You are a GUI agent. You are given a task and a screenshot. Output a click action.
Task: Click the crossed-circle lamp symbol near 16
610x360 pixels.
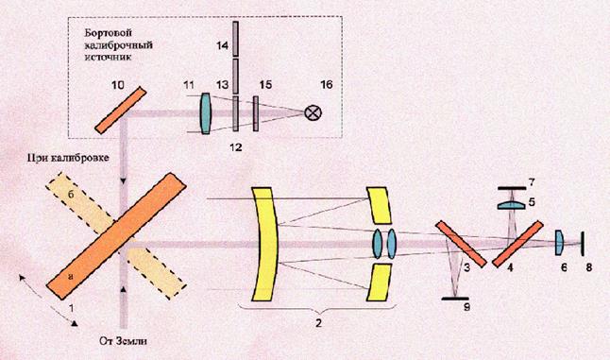click(x=313, y=113)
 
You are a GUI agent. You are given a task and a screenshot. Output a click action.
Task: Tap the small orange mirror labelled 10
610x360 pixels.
click(x=121, y=111)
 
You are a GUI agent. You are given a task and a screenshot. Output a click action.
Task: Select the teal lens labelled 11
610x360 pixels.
click(x=206, y=113)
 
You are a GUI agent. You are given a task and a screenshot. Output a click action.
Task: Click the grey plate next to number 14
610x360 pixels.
click(x=235, y=39)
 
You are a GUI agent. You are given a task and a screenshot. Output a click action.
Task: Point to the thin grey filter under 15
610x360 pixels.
click(x=256, y=113)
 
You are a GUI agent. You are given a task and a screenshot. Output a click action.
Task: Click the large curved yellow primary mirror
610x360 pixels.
click(x=265, y=244)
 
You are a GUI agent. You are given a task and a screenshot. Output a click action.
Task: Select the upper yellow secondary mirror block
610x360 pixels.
click(x=379, y=205)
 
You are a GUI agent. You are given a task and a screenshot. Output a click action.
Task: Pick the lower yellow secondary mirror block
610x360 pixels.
click(x=379, y=283)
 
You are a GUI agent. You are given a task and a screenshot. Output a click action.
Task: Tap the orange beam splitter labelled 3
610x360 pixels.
click(x=461, y=244)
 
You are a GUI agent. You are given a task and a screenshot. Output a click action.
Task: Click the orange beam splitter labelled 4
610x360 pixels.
click(x=517, y=244)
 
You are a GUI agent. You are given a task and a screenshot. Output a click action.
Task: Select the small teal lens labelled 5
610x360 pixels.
click(x=511, y=205)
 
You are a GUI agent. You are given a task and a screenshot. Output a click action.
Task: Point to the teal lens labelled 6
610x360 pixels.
click(x=559, y=243)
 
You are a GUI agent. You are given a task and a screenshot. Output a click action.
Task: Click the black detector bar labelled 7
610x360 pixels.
click(x=512, y=188)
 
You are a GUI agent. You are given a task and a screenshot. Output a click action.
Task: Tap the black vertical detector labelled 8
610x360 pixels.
click(x=583, y=244)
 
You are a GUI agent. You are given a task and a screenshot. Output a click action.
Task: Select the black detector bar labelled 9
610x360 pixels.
click(x=455, y=299)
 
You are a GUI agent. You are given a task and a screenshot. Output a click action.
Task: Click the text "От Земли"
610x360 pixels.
click(x=124, y=341)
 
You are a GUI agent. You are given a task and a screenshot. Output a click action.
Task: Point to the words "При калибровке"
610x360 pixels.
click(x=68, y=158)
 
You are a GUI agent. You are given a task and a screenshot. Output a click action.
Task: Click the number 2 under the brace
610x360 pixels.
click(x=318, y=322)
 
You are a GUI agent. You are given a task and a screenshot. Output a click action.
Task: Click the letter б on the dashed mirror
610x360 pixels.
click(x=71, y=195)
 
